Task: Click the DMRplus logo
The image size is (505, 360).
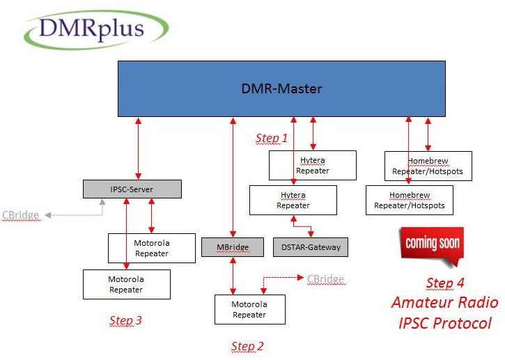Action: pos(96,30)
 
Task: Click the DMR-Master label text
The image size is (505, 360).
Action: pos(281,88)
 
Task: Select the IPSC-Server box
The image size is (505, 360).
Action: pos(132,189)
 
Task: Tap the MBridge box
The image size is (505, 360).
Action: pos(233,247)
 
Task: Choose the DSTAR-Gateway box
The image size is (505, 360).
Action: pos(311,247)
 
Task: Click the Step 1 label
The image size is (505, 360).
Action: pos(271,138)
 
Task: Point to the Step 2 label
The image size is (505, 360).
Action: pos(247,347)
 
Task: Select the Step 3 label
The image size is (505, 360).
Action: pos(125,320)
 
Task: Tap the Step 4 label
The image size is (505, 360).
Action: pos(445,283)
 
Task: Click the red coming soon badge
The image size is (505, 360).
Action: pos(432,245)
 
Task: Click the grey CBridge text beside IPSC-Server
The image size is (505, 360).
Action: pos(21,215)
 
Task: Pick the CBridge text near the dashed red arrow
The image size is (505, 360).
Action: pos(325,279)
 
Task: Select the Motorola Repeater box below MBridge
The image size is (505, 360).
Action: pos(250,309)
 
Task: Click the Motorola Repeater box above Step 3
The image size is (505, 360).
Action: pos(127,284)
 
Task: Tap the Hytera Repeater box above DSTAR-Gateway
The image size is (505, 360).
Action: pos(293,200)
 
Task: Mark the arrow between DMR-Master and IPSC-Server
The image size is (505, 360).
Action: pos(138,148)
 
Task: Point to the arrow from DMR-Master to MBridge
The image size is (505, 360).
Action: pos(233,178)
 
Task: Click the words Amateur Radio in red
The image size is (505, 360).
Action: pos(445,303)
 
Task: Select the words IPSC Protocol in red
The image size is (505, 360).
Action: pos(445,323)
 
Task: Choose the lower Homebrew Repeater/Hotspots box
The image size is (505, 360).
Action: pos(410,200)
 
